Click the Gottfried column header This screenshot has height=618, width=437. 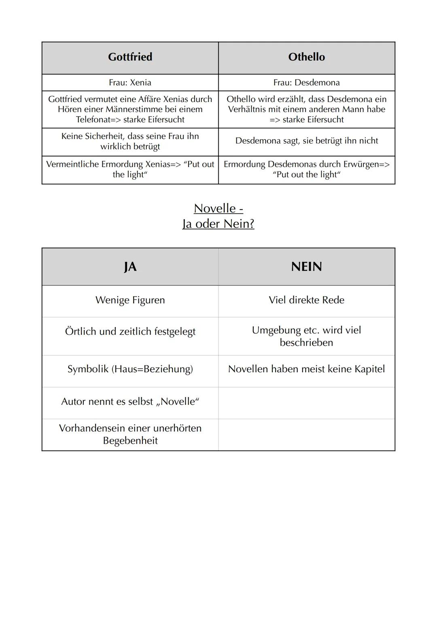pos(130,57)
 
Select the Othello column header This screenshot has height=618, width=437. pos(306,57)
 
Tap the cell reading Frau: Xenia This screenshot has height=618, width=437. pos(130,83)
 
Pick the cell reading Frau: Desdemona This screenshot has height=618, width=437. pos(306,83)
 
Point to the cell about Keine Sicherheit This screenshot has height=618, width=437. pos(130,141)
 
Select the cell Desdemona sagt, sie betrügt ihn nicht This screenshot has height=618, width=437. pos(306,141)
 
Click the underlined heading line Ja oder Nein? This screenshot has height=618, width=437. pos(218,224)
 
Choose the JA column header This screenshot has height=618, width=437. pos(130,267)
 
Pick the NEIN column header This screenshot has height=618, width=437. pos(306,267)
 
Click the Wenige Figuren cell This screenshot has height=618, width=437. pos(130,300)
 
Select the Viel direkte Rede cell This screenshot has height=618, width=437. pos(306,300)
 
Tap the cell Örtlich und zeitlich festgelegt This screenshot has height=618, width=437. pos(130,331)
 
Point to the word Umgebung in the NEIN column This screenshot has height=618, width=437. pos(276,330)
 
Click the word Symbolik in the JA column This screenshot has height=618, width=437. pos(88,369)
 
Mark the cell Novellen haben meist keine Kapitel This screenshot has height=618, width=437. pos(306,369)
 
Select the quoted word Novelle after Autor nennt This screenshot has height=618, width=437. pos(178,402)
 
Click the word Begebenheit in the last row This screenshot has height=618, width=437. pos(130,441)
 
